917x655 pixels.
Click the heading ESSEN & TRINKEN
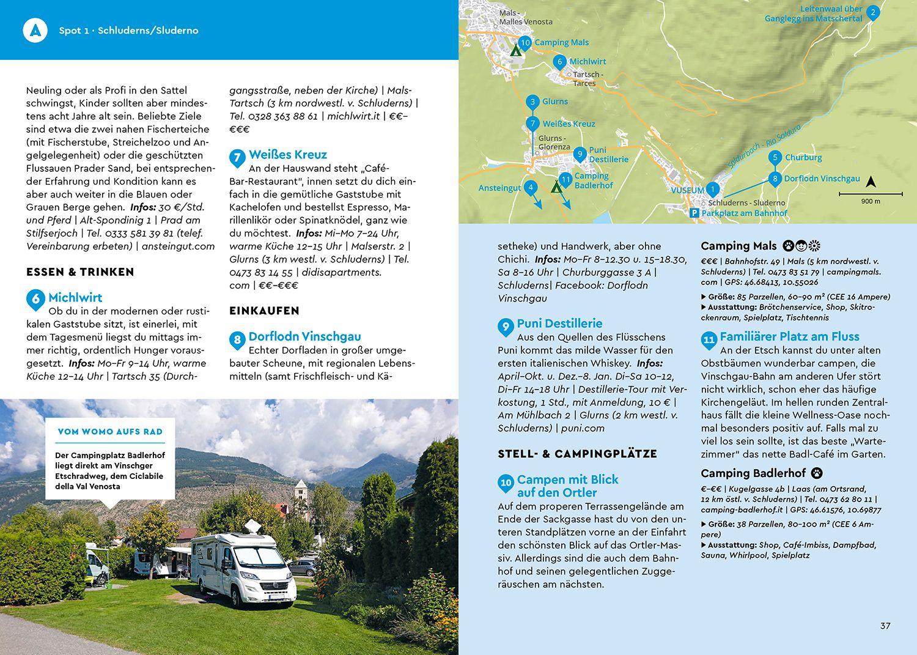[80, 272]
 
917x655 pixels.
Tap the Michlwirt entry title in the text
[75, 298]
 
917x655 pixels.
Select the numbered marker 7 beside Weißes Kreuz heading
[237, 157]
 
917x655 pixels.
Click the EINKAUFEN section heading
[264, 311]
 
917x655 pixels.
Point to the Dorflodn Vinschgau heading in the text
[304, 336]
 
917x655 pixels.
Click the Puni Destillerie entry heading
[559, 324]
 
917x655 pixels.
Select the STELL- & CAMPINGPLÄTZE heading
[577, 454]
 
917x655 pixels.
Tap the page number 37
[885, 626]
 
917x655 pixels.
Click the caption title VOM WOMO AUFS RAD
[110, 432]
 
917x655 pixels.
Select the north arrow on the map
[871, 182]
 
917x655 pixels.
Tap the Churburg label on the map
[803, 157]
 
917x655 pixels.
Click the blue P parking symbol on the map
[694, 213]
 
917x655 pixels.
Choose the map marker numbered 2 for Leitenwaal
[873, 12]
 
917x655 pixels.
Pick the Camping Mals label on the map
[561, 42]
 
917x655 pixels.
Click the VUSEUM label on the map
[687, 191]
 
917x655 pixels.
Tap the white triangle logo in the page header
[35, 30]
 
